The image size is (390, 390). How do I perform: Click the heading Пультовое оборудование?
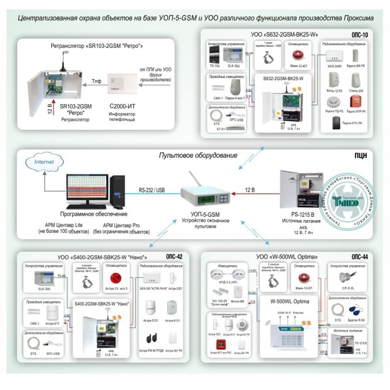[198, 155]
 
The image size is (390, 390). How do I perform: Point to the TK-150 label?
[212, 65]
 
